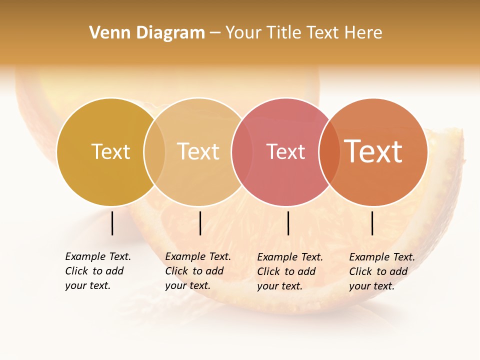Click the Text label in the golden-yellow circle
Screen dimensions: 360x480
coord(110,151)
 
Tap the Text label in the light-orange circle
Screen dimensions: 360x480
coord(198,151)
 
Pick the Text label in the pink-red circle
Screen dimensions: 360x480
coord(285,151)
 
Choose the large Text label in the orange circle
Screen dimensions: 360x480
coord(373,151)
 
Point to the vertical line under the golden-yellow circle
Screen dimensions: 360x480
coord(112,223)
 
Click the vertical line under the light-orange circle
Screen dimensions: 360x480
coord(200,223)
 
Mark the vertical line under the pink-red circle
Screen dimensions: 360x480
coord(288,223)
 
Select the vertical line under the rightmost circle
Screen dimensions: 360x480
coord(372,223)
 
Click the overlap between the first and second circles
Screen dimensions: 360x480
coord(154,151)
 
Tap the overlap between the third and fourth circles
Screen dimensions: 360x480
coord(329,151)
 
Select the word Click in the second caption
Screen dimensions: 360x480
coord(176,271)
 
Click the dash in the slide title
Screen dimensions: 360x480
coord(215,33)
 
